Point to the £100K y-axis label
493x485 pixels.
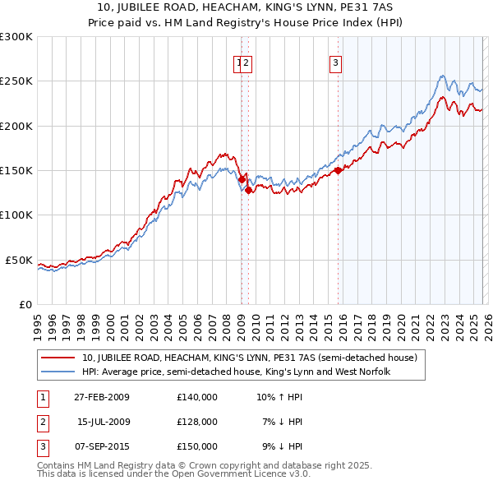click(16, 215)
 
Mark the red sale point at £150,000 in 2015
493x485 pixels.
click(338, 171)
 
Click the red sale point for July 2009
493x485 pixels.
click(248, 190)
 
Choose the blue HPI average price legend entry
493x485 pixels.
click(235, 372)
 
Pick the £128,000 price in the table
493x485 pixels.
click(197, 422)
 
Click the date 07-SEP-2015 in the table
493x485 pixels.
click(99, 446)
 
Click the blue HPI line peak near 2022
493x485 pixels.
click(441, 76)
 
